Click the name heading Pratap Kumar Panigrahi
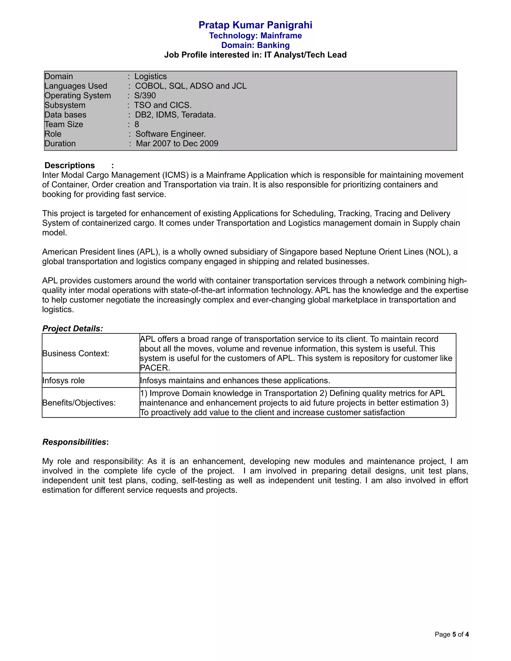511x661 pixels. [255, 25]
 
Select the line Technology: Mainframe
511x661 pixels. [255, 36]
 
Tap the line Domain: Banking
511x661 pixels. [255, 45]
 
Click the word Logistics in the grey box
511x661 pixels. [150, 76]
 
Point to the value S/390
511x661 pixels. [145, 96]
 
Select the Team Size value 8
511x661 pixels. [137, 124]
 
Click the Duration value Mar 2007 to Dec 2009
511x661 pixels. [177, 143]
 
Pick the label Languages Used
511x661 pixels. [76, 86]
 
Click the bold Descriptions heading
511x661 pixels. [70, 166]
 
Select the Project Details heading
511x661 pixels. [73, 329]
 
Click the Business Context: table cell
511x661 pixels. [76, 353]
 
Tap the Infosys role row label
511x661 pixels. [64, 380]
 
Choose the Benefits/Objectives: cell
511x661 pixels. [79, 403]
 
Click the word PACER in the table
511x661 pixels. [154, 368]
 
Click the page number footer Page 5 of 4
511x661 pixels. [451, 634]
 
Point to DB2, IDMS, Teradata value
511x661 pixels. [175, 115]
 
